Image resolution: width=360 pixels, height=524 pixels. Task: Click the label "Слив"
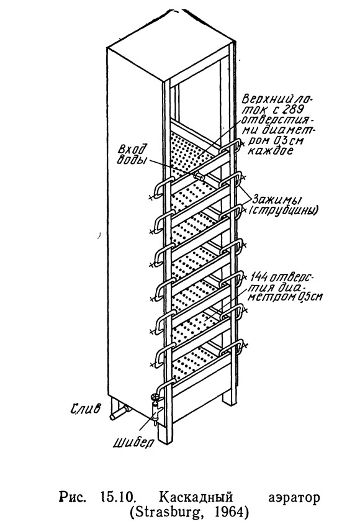[x=85, y=409]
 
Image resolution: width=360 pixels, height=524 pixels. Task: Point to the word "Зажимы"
[x=277, y=200]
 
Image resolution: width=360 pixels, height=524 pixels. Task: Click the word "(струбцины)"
[x=282, y=211]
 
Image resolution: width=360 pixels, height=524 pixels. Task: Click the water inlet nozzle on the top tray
[x=199, y=176]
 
